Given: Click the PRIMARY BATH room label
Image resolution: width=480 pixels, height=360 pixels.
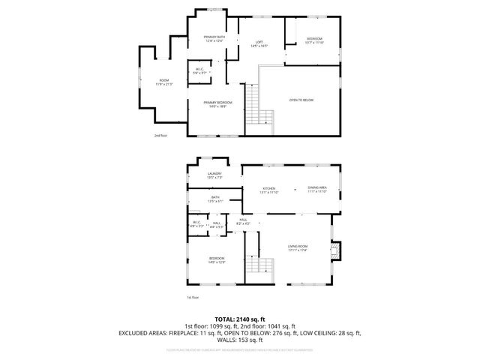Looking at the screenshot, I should pyautogui.click(x=215, y=38).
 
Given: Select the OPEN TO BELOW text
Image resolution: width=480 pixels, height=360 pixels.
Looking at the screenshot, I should pyautogui.click(x=301, y=100).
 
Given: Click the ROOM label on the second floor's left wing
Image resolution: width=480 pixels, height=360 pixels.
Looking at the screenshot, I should pyautogui.click(x=163, y=81).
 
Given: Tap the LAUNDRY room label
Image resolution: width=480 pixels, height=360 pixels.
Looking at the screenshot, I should pyautogui.click(x=214, y=175).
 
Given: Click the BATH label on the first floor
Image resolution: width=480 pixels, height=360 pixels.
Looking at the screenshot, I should pyautogui.click(x=215, y=199).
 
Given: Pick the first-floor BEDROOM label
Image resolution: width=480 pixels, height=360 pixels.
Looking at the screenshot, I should pyautogui.click(x=216, y=259).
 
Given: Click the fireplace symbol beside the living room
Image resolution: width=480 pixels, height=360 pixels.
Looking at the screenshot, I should pyautogui.click(x=337, y=249).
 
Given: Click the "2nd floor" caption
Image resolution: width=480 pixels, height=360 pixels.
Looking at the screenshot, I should pyautogui.click(x=160, y=136).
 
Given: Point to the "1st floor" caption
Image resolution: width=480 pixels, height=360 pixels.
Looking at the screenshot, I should pyautogui.click(x=193, y=297).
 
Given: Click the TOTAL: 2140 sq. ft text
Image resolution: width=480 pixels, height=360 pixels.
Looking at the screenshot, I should pyautogui.click(x=240, y=319).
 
